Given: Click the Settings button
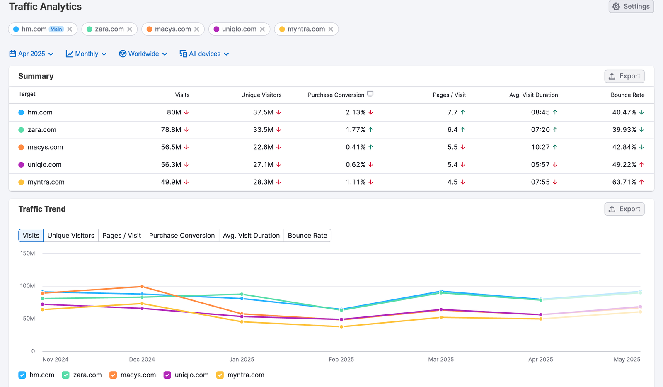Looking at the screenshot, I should click(631, 7).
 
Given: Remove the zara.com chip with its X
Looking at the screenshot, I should click(130, 29).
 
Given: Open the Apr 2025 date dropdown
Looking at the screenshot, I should click(31, 54).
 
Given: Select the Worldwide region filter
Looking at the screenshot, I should click(143, 54).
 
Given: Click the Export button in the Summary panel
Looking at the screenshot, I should click(624, 76).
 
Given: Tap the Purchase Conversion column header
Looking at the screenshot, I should click(336, 95).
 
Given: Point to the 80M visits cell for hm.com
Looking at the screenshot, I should click(174, 112).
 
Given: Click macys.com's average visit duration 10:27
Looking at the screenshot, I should click(540, 147).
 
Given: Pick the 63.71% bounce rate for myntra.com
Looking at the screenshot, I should click(624, 182).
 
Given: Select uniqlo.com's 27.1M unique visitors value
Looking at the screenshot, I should click(263, 165).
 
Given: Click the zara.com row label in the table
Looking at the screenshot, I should click(42, 130).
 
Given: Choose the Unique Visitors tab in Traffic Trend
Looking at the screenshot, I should click(71, 236).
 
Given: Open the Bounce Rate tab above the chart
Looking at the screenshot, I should click(307, 236).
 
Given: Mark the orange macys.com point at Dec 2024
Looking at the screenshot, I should click(142, 287).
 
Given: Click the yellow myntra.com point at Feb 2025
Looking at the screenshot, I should click(341, 327).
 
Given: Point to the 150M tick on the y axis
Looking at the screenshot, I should click(28, 253).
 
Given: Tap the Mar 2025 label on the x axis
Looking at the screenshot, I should click(441, 360).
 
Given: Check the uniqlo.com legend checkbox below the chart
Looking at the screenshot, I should click(167, 375).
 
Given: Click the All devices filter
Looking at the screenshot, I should click(204, 54).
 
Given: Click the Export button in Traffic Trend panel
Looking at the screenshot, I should click(624, 209).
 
